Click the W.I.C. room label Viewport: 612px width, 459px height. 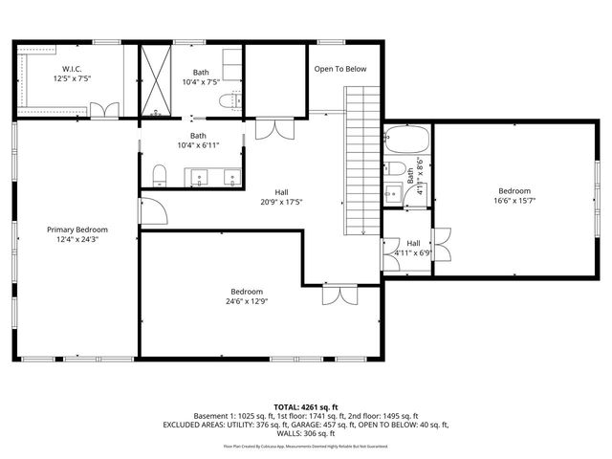pos(73,70)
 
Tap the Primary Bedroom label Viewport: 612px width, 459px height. pos(77,230)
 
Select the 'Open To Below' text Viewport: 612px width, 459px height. pos(341,69)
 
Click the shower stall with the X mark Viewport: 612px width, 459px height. pos(156,80)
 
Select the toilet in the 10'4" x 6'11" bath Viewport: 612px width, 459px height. pos(161,174)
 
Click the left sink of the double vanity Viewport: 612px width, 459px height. pos(199,177)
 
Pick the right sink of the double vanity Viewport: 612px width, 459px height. pos(232,177)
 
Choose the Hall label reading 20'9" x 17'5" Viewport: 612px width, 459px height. pos(282,202)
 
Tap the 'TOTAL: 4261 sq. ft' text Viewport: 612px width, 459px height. pos(305,407)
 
